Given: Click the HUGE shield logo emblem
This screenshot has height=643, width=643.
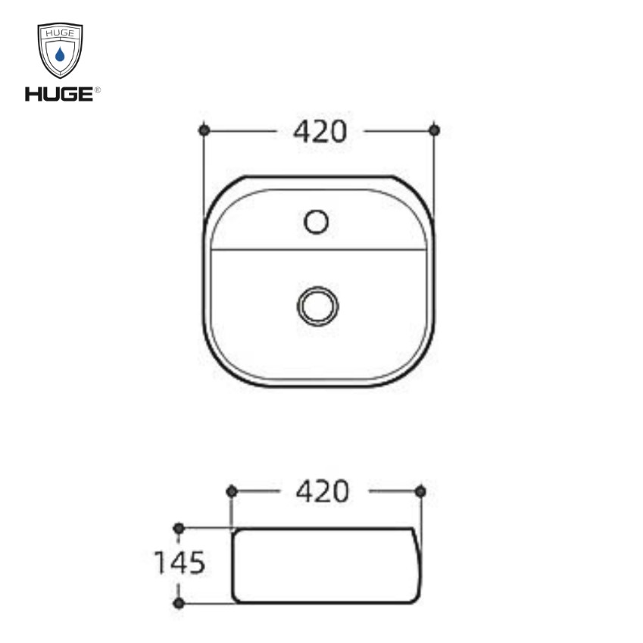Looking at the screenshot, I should pos(60,50).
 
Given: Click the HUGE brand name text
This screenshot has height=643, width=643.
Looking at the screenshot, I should pos(58,94).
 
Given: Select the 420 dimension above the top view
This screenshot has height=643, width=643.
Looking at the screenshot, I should pos(320,132).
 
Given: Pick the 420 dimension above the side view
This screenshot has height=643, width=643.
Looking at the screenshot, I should pos(323,492).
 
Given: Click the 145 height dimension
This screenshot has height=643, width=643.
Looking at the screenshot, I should pos(179,563).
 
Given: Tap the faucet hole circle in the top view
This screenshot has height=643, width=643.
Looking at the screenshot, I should pos(316,222).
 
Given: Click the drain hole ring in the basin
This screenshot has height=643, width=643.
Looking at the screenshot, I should pos(317,305).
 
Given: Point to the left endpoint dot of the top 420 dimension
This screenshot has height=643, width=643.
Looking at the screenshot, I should pos(204,130).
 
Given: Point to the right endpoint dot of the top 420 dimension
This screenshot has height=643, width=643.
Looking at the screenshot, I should pos(434,130).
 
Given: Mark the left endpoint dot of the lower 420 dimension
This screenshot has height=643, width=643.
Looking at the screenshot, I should pos(232,492).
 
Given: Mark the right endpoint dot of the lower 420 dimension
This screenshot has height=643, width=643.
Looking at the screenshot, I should pos(420,492).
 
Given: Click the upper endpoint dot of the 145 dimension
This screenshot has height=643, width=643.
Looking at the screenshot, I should pos(179,527).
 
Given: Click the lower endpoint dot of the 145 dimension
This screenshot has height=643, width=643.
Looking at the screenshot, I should pos(179,603).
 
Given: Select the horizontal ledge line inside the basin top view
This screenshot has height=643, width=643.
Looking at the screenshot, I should pos(318,249).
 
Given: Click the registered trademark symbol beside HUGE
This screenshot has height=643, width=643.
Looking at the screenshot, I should pos(98,90).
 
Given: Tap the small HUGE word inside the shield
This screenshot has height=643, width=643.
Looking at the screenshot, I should pos(60,34).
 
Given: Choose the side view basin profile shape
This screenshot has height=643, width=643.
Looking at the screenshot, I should pos(324,565).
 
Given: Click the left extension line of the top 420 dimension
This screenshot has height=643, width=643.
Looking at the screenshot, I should pos(204,174).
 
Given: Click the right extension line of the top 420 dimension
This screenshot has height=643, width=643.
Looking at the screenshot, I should pos(434,174).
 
